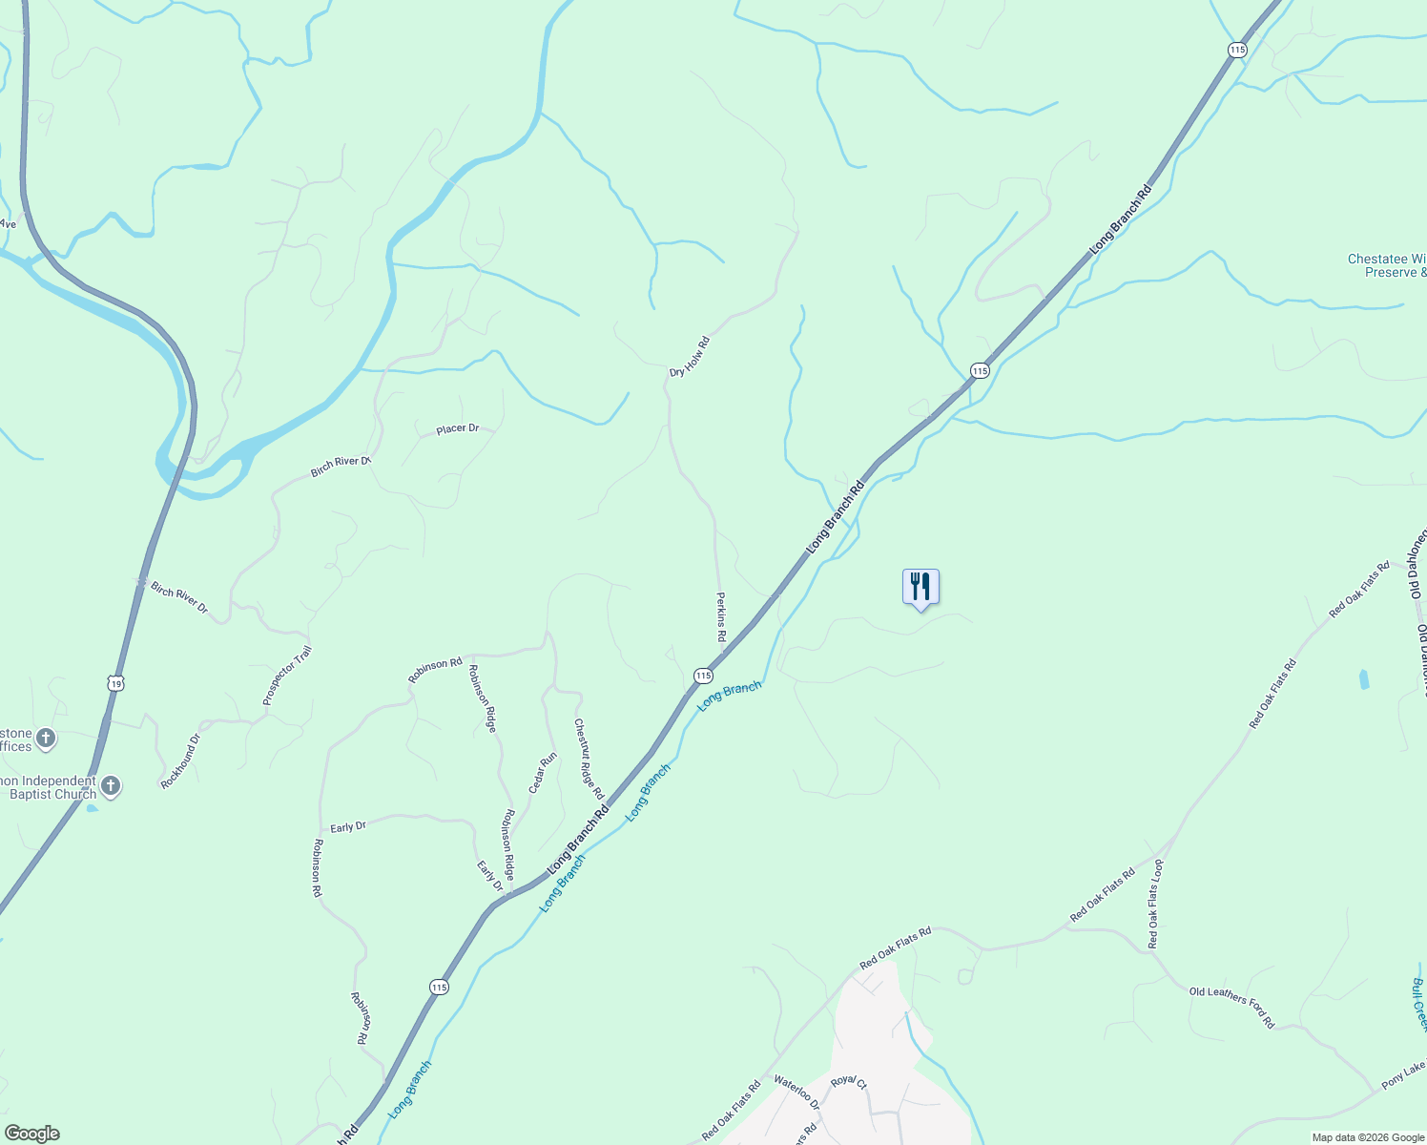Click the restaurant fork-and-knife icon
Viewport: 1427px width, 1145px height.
(x=920, y=586)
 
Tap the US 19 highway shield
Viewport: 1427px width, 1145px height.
(x=115, y=683)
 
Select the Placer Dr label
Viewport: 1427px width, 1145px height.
(x=457, y=429)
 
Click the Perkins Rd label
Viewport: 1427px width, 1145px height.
(x=721, y=616)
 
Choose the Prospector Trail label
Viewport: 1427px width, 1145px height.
(x=287, y=677)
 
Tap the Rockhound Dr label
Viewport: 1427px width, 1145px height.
(x=180, y=761)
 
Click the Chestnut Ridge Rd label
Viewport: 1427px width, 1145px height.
(x=589, y=759)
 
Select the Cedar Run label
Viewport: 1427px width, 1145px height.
(x=543, y=774)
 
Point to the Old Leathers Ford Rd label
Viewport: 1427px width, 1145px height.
(x=1231, y=1008)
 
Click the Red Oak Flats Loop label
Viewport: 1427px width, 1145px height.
(x=1155, y=904)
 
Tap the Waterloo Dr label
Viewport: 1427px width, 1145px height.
(x=796, y=1092)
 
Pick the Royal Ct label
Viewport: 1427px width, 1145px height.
(x=848, y=1083)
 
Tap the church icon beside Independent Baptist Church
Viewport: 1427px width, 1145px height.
(x=111, y=786)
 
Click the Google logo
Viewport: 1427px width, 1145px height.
(x=31, y=1134)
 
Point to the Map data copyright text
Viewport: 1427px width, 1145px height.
(x=1367, y=1137)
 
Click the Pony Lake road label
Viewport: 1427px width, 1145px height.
(x=1403, y=1073)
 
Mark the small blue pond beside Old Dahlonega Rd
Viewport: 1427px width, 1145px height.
(x=1363, y=679)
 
